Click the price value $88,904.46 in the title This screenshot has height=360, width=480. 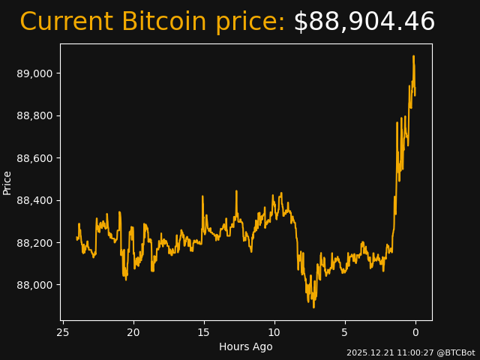click(364, 22)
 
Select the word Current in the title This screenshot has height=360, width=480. click(66, 22)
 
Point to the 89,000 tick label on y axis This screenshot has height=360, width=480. click(34, 73)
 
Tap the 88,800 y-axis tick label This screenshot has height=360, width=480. click(34, 115)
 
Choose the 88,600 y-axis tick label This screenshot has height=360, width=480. click(34, 158)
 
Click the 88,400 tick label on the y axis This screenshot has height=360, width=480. click(34, 200)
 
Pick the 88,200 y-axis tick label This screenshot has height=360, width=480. click(34, 243)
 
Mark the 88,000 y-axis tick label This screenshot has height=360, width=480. click(34, 285)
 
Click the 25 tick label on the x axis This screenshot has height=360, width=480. click(63, 332)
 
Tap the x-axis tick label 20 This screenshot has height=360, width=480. click(133, 332)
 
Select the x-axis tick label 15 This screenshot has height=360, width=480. click(204, 332)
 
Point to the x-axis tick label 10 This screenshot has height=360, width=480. click(274, 332)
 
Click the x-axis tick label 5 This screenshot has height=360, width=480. click(344, 332)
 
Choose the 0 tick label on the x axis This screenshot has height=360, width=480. click(415, 332)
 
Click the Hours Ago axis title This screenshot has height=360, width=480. click(246, 346)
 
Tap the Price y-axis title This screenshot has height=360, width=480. click(7, 182)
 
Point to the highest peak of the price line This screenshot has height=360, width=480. click(413, 56)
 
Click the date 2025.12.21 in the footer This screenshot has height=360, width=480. click(369, 352)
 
